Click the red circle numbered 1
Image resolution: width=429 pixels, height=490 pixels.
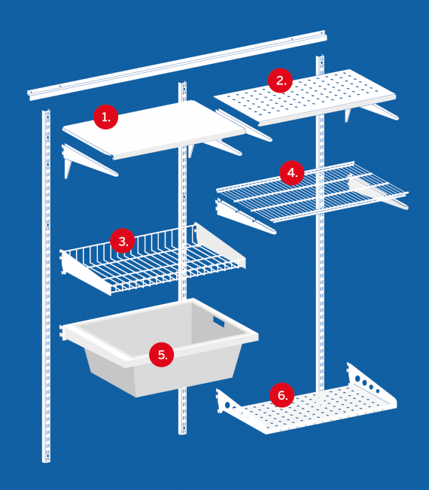coord(105,117)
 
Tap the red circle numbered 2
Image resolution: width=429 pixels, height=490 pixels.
coord(280,81)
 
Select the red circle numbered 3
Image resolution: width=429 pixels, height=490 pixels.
coord(123,241)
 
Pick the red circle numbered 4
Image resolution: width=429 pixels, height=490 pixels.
coord(292,172)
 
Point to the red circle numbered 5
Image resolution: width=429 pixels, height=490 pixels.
coord(162,355)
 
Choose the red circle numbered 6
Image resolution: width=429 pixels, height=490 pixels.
coord(281,395)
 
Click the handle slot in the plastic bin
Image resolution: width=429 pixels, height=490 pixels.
coord(219,321)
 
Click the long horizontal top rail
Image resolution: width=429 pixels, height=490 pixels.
coord(177,65)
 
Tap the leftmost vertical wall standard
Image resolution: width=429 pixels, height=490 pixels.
coord(46,285)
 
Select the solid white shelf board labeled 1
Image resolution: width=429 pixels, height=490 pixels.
coord(154,129)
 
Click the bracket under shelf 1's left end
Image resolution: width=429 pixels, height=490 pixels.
coord(90,160)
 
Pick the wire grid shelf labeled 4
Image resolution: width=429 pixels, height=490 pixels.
coord(312,192)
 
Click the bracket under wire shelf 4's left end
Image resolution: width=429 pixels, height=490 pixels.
coord(245,218)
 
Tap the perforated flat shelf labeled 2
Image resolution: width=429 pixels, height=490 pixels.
coord(305,97)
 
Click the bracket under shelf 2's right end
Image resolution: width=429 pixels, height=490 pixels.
coord(379,111)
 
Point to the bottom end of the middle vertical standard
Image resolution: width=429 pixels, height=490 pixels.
coord(182,434)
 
